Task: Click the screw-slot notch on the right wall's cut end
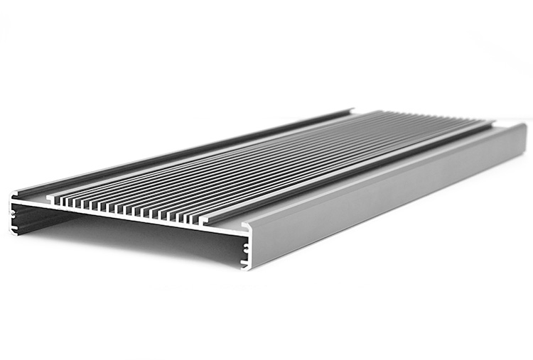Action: (247, 249)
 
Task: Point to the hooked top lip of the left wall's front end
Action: (16, 193)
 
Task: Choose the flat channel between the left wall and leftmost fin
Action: (36, 197)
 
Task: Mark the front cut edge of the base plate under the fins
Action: (128, 219)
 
